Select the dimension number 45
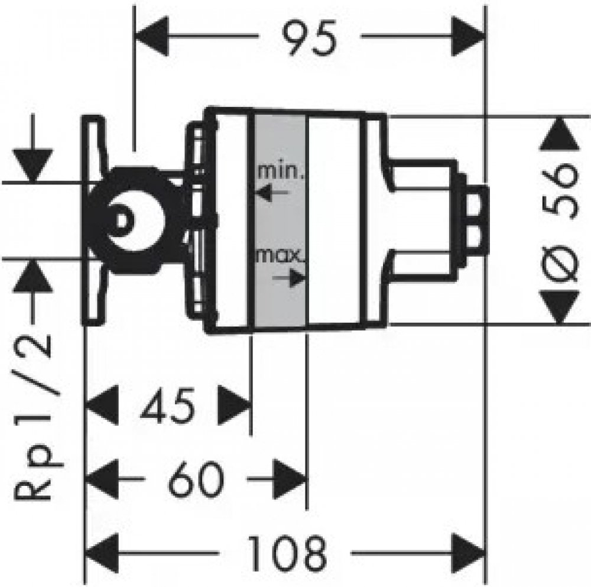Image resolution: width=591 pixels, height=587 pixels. pos(168,406)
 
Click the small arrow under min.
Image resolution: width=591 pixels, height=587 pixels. pos(272,193)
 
